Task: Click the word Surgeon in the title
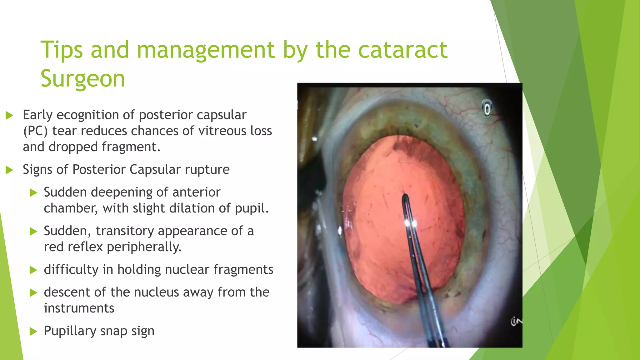82,79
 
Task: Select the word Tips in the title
62,50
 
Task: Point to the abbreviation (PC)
35,131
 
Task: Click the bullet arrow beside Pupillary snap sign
33,332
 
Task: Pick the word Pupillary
70,331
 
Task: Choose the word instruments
79,308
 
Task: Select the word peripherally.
144,247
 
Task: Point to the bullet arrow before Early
10,116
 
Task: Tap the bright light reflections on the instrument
411,223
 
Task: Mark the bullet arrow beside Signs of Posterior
10,170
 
